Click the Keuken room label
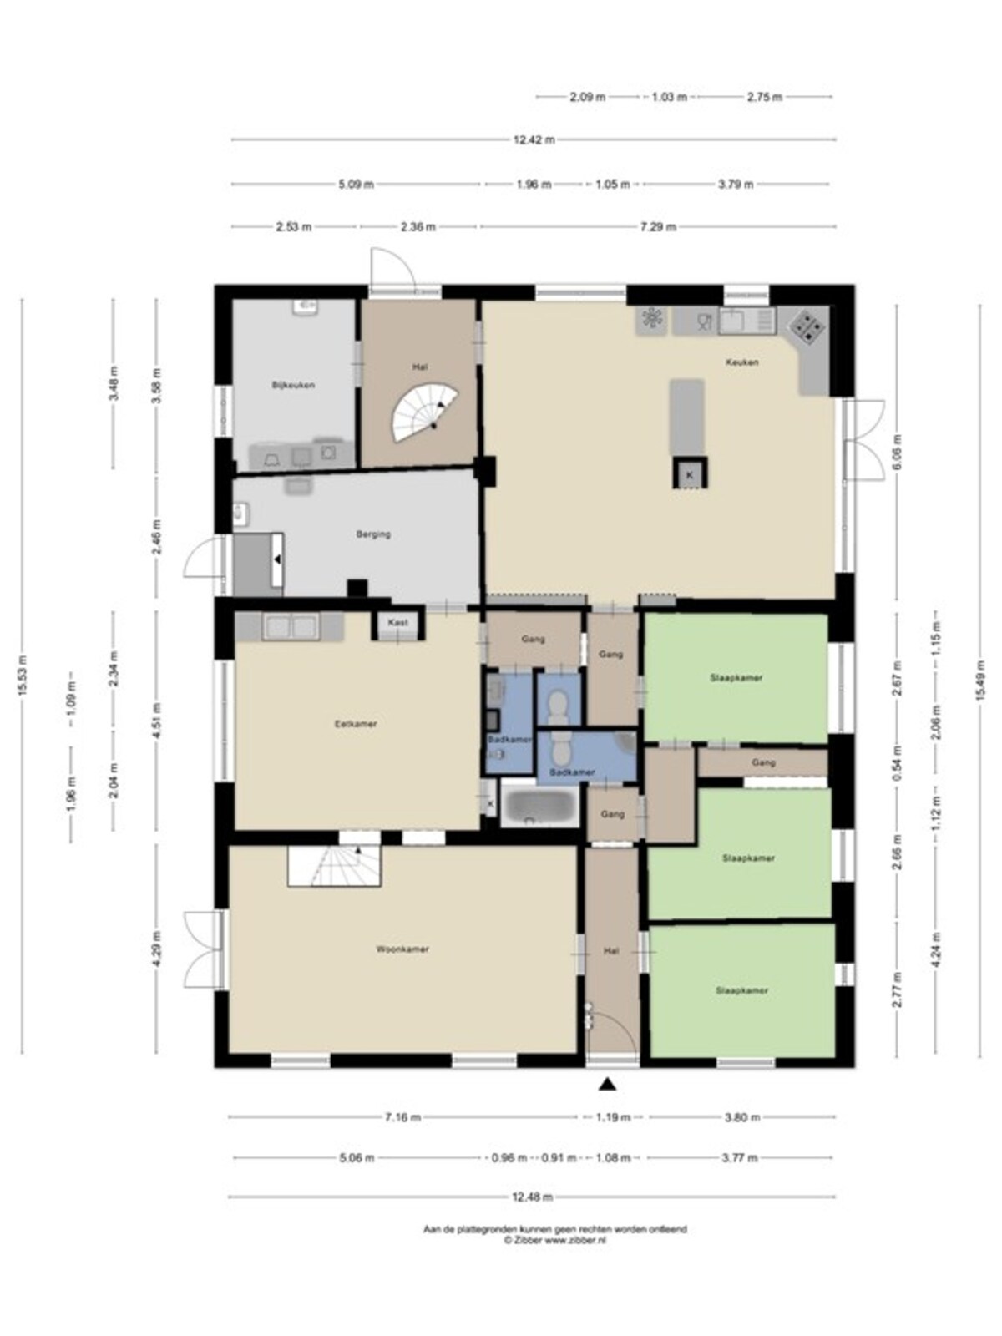click(741, 362)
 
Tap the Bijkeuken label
click(293, 385)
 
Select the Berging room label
click(373, 534)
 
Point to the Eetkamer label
click(356, 724)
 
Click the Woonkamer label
click(402, 949)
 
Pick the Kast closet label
click(397, 623)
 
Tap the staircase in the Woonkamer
click(334, 866)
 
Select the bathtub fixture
click(539, 807)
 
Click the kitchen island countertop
click(687, 417)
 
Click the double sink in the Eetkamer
click(291, 626)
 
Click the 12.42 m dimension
click(534, 139)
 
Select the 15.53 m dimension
click(23, 676)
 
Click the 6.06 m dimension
click(895, 449)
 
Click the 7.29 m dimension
click(658, 227)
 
